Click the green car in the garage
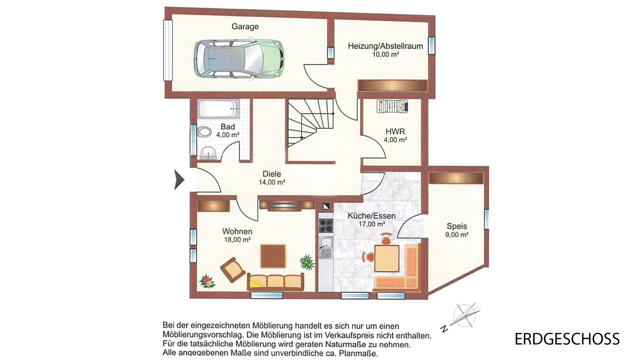[x=239, y=59]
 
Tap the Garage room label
[x=245, y=26]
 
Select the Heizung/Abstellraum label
[x=385, y=46]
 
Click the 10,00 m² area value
[x=386, y=54]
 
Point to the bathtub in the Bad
[x=218, y=109]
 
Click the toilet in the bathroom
[x=205, y=132]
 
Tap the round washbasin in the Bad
[x=209, y=152]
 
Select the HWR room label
[x=395, y=131]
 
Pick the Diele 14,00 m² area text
[x=272, y=182]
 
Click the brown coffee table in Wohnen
[x=273, y=256]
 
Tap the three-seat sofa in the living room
[x=275, y=282]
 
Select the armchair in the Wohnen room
[x=233, y=270]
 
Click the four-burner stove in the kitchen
[x=326, y=225]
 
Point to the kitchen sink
[x=326, y=247]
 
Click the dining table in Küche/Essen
[x=387, y=259]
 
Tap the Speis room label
[x=457, y=226]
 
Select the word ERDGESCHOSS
[x=567, y=339]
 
